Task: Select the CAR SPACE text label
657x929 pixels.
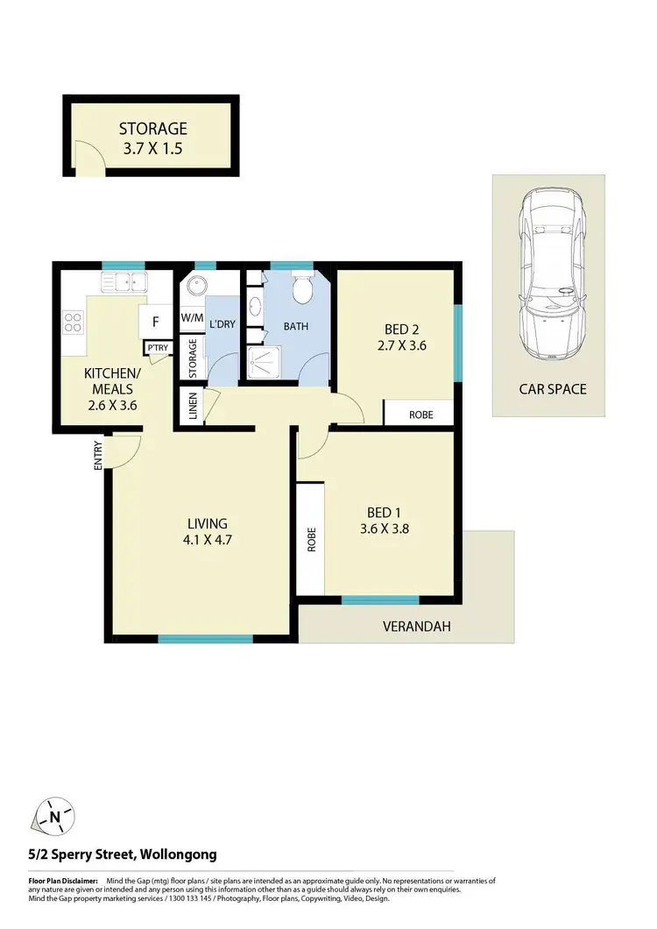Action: pyautogui.click(x=552, y=388)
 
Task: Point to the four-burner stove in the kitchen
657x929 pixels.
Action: pyautogui.click(x=73, y=322)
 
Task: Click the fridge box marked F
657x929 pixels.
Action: pyautogui.click(x=155, y=322)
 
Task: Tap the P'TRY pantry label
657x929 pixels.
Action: pyautogui.click(x=158, y=349)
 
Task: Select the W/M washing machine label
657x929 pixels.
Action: pyautogui.click(x=191, y=318)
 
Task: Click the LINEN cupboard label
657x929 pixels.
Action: pyautogui.click(x=192, y=407)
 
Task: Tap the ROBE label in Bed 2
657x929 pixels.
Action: pyautogui.click(x=420, y=414)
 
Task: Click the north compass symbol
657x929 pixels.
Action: pyautogui.click(x=55, y=817)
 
